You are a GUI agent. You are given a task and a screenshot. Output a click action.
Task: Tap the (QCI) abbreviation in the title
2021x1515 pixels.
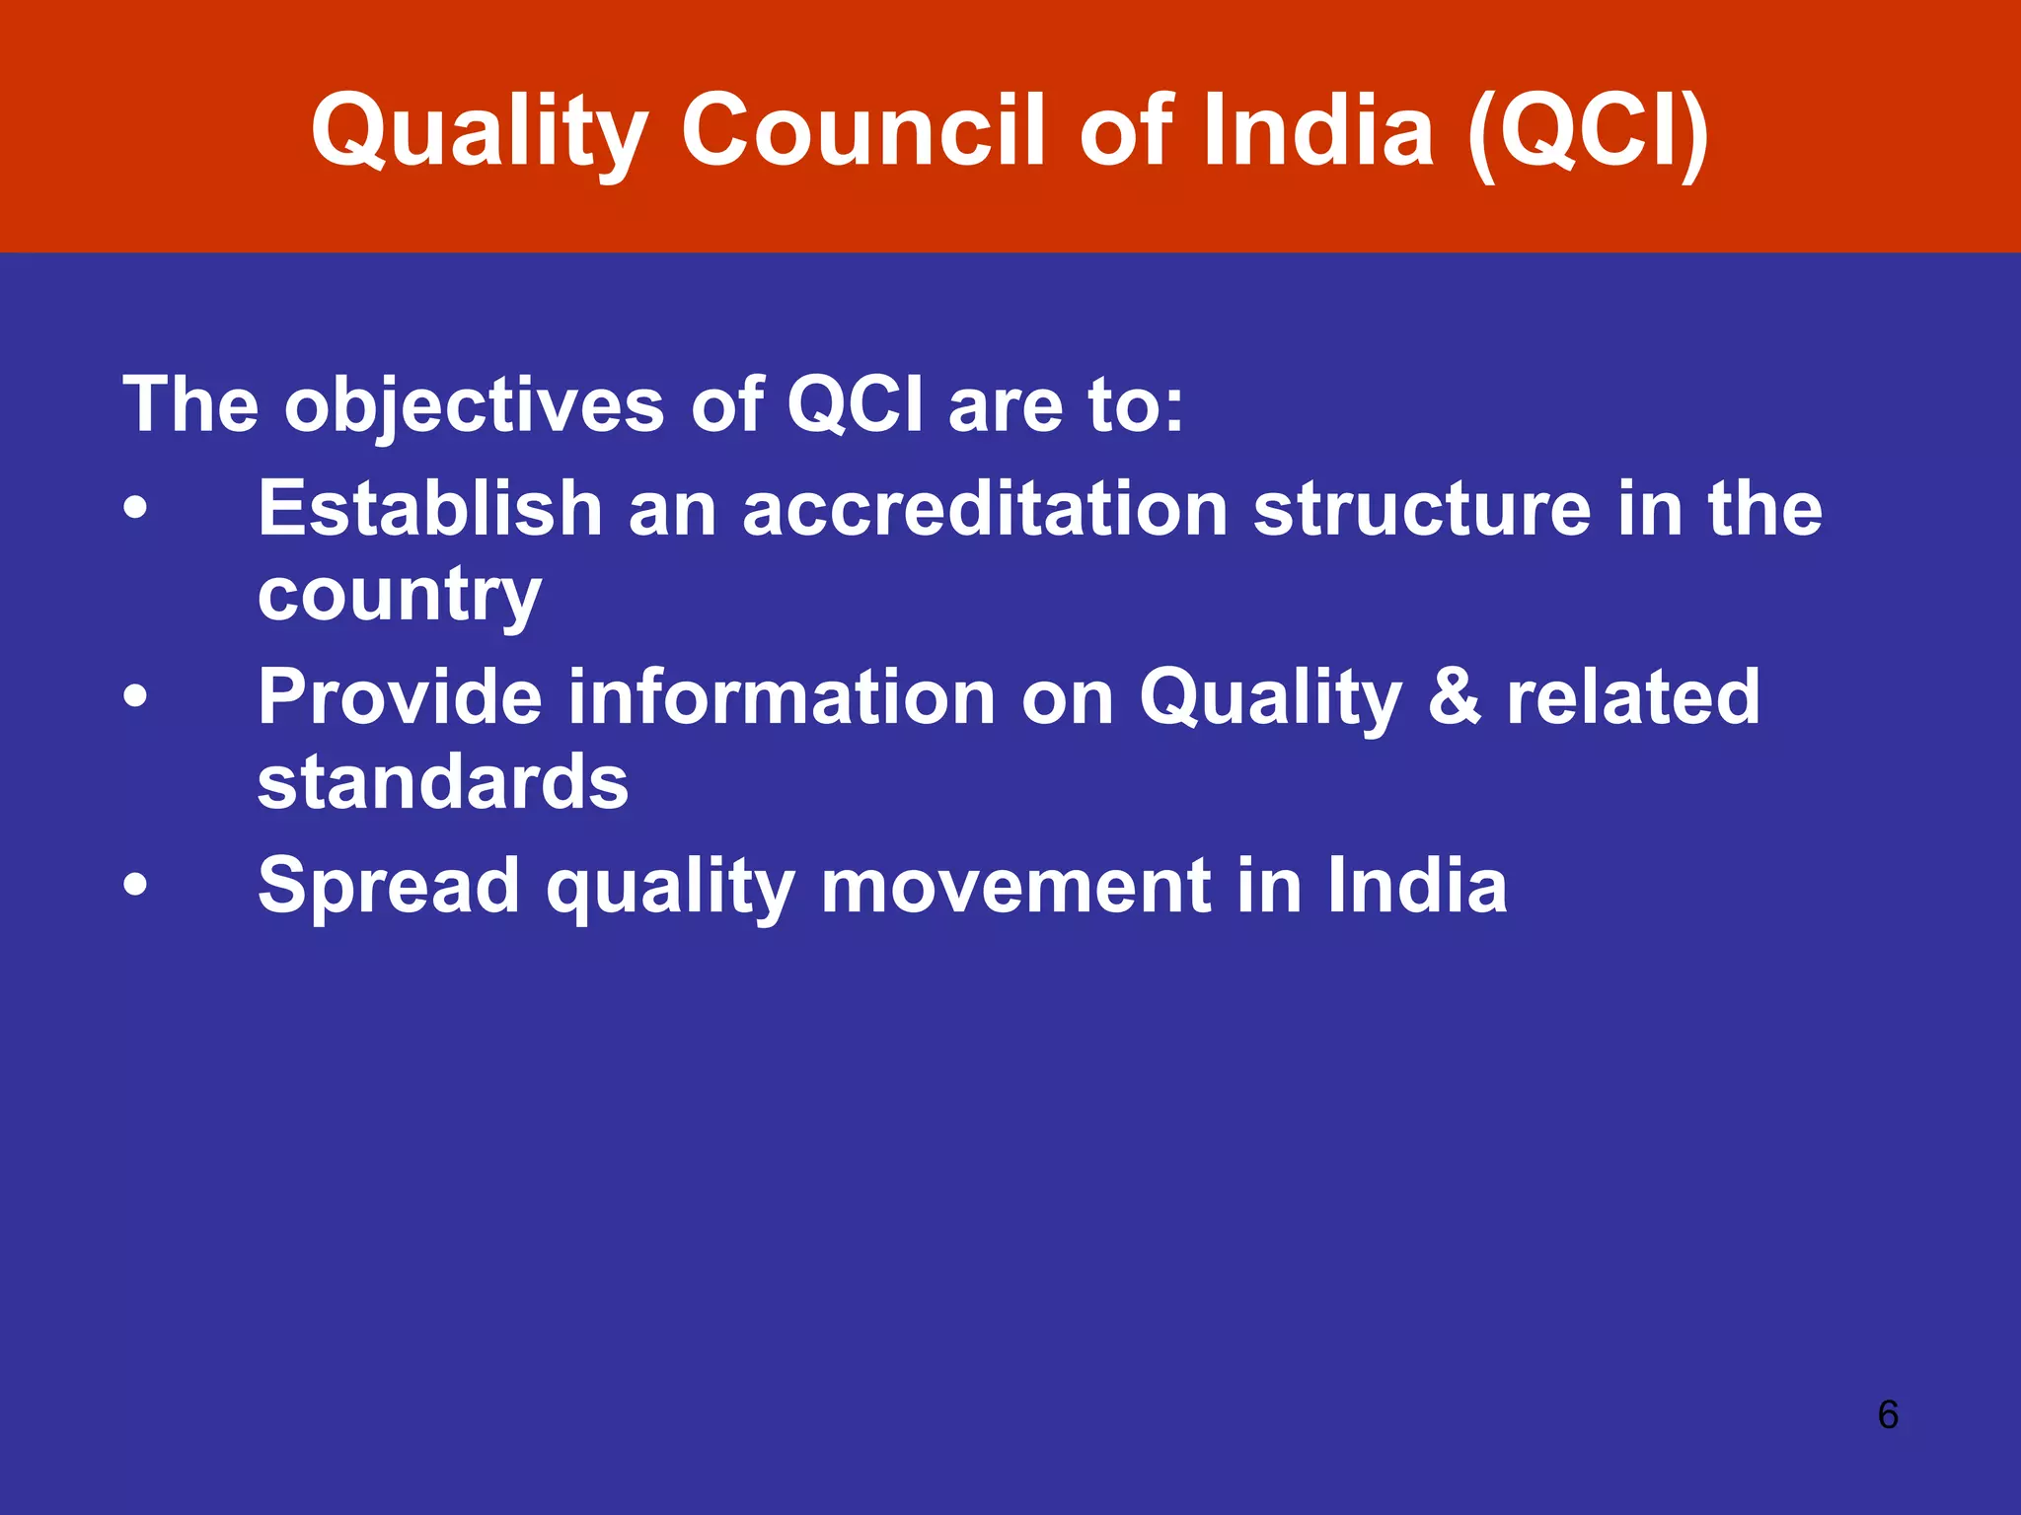point(1588,131)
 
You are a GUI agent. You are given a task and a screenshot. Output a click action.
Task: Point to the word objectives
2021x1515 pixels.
point(475,405)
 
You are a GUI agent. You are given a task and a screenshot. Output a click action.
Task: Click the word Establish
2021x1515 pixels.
point(430,509)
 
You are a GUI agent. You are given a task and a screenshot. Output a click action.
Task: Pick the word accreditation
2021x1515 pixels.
point(985,509)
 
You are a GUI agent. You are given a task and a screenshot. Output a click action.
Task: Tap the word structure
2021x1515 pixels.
point(1422,509)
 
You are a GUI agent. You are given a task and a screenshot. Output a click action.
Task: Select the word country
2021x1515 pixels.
point(400,596)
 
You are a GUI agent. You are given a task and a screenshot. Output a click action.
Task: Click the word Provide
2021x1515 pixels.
point(400,697)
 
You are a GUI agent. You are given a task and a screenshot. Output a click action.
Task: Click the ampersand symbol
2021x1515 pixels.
point(1454,697)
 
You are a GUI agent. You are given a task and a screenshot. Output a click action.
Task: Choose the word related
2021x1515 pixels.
point(1633,697)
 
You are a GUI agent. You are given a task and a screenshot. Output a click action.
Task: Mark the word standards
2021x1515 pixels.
point(443,783)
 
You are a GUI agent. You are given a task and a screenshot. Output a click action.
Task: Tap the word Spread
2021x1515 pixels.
point(389,886)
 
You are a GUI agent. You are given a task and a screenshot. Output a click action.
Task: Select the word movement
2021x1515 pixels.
point(1015,886)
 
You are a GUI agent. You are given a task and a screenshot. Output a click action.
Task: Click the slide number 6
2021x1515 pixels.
point(1888,1414)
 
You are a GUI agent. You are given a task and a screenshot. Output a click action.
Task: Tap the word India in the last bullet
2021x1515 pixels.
point(1417,886)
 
